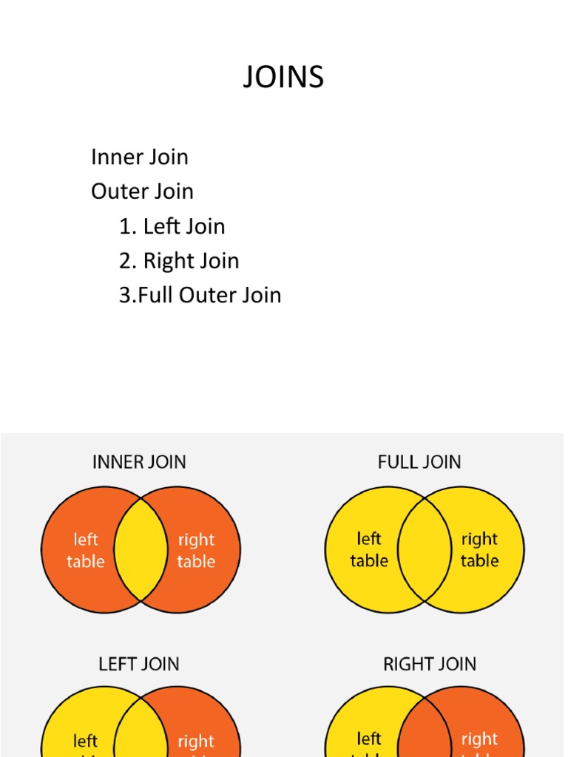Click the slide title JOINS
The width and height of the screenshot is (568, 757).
pos(283,77)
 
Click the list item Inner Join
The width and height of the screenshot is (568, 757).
pos(140,157)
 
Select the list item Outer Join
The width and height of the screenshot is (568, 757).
pos(142,191)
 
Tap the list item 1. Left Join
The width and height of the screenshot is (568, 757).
pos(172,226)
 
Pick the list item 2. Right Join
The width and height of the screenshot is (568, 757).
pos(179,261)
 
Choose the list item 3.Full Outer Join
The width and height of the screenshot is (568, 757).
pos(200,295)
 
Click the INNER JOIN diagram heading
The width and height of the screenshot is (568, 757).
pos(139,462)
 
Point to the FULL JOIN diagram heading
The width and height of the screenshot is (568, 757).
pos(419,462)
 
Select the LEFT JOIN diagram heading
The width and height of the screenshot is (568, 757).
pos(139,664)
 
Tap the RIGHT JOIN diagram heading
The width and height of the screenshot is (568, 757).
pos(430,664)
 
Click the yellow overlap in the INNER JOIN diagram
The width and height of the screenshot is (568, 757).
pos(141,550)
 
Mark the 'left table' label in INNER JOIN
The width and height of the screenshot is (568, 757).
pos(85,551)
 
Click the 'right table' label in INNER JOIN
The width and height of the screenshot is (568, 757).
pos(196,551)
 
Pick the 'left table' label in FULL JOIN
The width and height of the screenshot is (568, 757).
pos(369,550)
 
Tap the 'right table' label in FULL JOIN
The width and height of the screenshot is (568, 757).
pos(479,550)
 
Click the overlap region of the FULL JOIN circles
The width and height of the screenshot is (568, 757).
pos(425,550)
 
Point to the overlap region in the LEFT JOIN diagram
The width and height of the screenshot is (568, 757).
pos(141,732)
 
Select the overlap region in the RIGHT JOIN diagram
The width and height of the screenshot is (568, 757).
pos(425,732)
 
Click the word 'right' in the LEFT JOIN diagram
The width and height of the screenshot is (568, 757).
pos(196,741)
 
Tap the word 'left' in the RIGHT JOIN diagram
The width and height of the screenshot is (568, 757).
pos(369,739)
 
